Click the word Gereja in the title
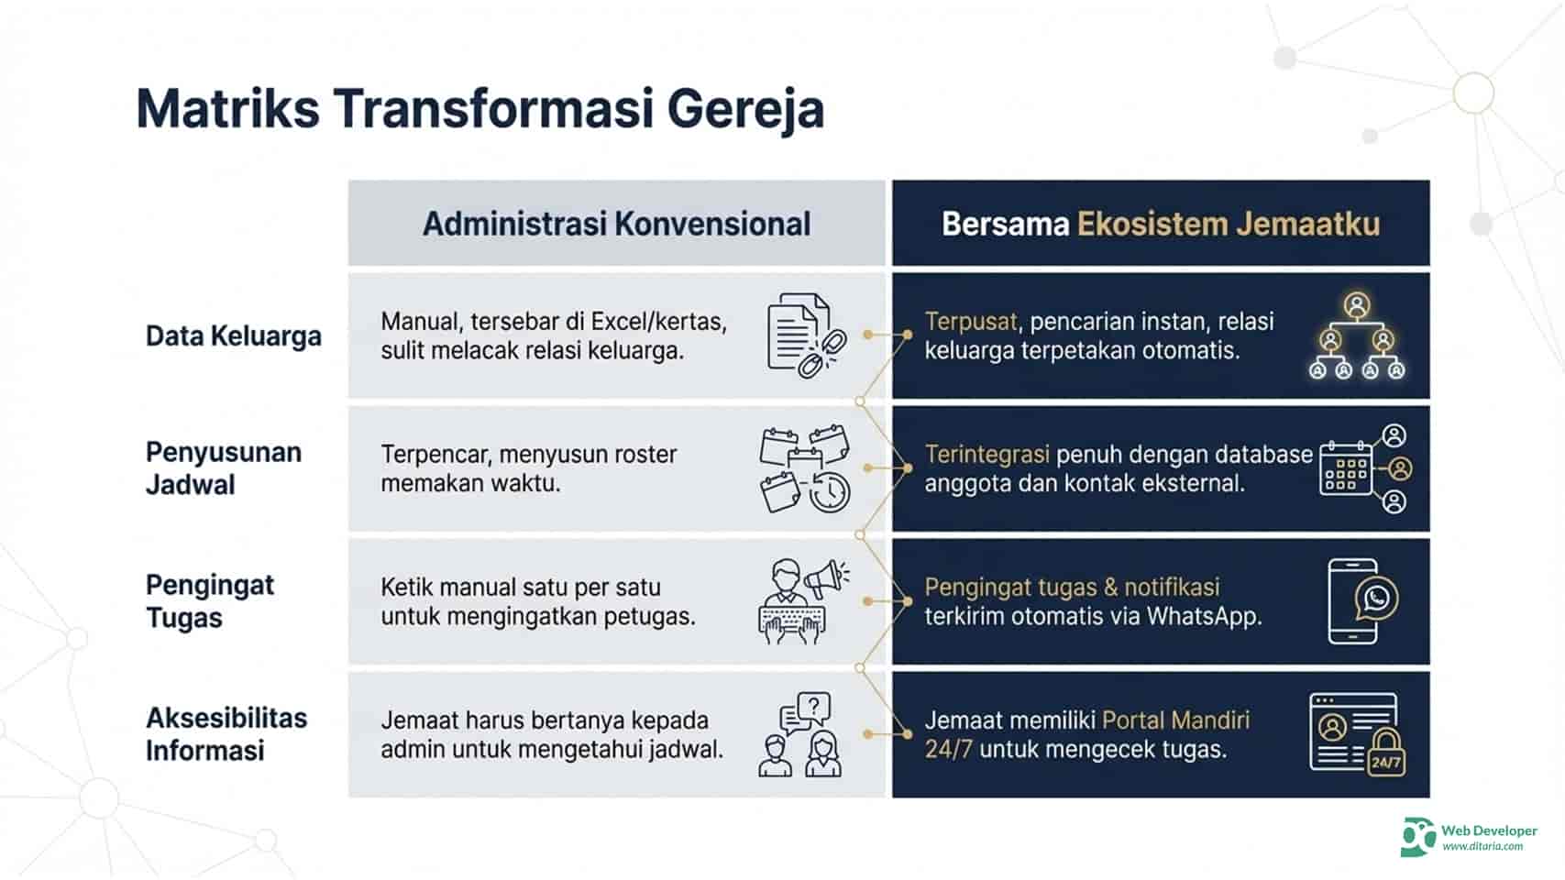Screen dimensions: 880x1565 point(744,109)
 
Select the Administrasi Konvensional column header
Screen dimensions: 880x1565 point(616,224)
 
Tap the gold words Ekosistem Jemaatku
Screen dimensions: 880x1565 point(1228,224)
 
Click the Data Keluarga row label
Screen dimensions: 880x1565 point(233,335)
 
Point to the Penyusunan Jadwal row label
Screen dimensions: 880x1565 point(223,468)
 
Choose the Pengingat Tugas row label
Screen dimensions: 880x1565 point(209,601)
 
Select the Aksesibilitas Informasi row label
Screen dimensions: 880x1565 point(226,734)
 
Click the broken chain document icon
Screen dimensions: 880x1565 point(805,335)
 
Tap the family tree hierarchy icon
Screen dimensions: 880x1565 point(1356,336)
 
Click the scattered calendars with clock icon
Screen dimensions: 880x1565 point(804,468)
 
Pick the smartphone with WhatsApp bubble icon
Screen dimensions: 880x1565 point(1361,601)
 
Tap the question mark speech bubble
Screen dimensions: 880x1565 point(813,707)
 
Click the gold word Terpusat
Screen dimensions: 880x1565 point(970,322)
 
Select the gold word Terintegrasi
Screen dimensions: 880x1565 point(986,455)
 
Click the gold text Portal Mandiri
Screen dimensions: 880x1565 point(1175,720)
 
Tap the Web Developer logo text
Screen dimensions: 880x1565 point(1488,830)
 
